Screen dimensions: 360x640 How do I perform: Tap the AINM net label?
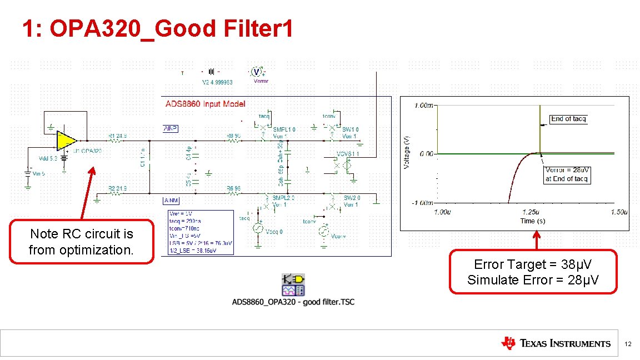171,199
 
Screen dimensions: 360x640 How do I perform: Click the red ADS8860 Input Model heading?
205,104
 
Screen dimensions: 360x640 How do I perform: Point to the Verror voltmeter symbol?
256,72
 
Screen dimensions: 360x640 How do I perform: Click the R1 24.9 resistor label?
117,135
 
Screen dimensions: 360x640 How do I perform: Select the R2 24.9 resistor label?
117,189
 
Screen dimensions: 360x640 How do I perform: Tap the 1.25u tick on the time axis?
530,212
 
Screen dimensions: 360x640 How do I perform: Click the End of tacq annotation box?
568,119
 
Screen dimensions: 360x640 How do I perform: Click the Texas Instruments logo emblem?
508,343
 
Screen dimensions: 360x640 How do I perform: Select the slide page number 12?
628,344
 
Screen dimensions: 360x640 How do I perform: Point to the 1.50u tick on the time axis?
618,212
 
